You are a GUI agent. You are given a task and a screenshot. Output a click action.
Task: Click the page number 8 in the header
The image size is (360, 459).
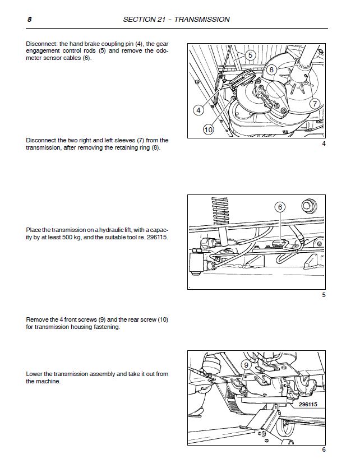(28, 19)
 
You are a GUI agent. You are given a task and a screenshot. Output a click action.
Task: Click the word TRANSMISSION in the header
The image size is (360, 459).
(202, 19)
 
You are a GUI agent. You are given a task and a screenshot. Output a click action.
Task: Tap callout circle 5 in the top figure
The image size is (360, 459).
(250, 55)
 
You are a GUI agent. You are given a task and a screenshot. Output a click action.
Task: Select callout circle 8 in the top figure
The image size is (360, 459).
(271, 69)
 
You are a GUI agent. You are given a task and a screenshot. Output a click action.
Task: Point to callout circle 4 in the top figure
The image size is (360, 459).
(199, 110)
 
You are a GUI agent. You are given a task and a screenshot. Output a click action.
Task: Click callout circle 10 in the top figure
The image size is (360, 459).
(207, 129)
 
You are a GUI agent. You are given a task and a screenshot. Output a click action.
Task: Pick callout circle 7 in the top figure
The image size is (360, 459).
(315, 104)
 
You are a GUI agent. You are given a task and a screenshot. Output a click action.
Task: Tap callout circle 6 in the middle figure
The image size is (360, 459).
(280, 207)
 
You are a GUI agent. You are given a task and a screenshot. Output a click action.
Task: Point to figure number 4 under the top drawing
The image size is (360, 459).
(324, 145)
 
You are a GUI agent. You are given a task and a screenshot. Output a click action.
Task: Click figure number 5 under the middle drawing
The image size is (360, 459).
(324, 295)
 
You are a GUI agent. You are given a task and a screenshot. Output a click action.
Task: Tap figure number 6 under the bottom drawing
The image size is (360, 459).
(324, 449)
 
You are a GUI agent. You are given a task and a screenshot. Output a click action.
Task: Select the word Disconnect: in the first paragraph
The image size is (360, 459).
(43, 44)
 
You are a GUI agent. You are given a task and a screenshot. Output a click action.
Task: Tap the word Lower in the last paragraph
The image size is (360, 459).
(35, 374)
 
